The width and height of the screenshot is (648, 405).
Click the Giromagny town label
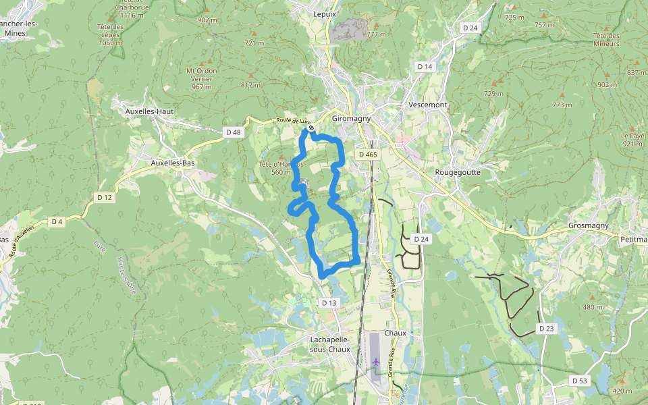point(352,118)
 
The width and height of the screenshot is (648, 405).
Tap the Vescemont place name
point(428,105)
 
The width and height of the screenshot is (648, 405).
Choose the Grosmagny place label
point(589,225)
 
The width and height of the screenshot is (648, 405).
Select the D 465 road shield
point(368,155)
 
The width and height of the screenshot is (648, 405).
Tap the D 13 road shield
point(329,303)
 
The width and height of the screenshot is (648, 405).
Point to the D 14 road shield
point(425,67)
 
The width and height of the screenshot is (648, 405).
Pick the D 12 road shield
point(104,197)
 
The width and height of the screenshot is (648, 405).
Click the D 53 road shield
point(580,381)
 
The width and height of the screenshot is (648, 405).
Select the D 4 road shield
point(57,221)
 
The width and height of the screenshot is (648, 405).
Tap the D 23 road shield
point(546,328)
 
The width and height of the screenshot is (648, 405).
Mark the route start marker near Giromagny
point(310,128)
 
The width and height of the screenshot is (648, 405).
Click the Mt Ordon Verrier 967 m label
point(202,78)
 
